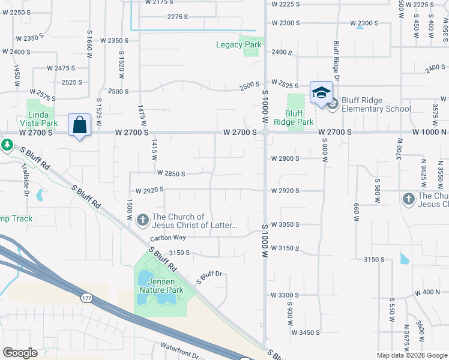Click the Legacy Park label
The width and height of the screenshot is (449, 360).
[x=239, y=45]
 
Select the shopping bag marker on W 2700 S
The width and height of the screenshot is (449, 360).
[x=79, y=125]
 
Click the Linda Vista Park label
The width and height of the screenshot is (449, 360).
[x=42, y=118]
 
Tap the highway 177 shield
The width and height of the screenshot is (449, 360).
[x=86, y=298]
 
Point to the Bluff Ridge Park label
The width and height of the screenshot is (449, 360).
[x=294, y=117]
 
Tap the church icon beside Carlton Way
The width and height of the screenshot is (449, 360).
[x=143, y=221]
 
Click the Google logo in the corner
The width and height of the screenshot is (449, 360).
[x=20, y=353]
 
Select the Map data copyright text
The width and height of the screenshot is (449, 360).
[x=411, y=355]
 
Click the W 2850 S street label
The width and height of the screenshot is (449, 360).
[x=171, y=173]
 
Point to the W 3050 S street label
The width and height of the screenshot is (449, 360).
[x=285, y=224]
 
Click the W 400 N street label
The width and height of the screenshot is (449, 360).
[x=427, y=292]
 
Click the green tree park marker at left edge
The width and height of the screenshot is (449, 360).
[x=7, y=145]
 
